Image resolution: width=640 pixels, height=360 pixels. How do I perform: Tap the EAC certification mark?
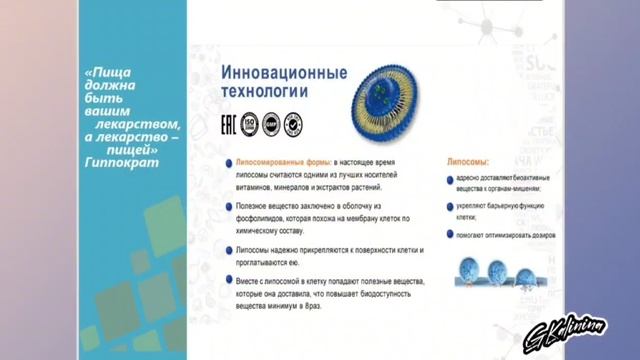pos(228,125)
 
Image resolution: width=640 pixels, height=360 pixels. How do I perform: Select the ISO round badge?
pos(249,125)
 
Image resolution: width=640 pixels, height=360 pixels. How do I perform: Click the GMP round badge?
pos(271,125)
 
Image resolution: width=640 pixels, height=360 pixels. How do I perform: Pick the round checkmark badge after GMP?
pos(293,125)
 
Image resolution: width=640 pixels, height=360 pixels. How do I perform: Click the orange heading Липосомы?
pos(466,160)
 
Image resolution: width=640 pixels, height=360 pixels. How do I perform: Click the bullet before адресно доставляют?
pos(450,180)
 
